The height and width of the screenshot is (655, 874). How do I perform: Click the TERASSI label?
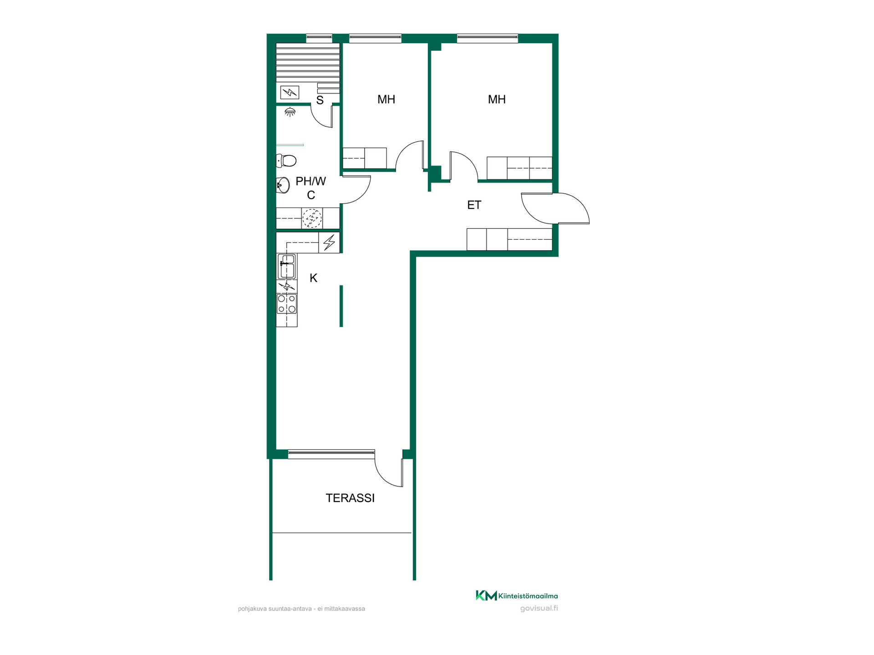[350, 498]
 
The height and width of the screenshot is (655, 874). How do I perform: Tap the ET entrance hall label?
[474, 205]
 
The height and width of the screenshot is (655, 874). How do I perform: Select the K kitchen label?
[313, 278]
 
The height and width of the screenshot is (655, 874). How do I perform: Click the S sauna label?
[320, 101]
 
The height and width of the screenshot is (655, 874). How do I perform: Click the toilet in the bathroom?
[286, 161]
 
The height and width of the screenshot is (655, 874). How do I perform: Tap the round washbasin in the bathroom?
[283, 185]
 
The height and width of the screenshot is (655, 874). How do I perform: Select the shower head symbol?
[290, 111]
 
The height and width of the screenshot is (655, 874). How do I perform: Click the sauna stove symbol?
[290, 92]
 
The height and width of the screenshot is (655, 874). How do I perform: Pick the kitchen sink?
[287, 266]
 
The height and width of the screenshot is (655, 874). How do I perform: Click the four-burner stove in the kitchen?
[287, 303]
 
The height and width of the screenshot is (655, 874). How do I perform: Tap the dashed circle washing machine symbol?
[312, 218]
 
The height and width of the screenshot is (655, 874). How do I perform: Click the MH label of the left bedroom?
[386, 100]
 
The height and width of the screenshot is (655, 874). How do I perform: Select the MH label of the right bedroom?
[497, 100]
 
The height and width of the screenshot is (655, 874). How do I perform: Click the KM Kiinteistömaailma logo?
[517, 595]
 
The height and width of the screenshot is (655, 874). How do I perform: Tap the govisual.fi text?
[539, 609]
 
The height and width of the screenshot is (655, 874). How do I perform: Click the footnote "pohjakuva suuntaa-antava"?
[275, 609]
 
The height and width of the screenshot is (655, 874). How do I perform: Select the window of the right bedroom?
[488, 39]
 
